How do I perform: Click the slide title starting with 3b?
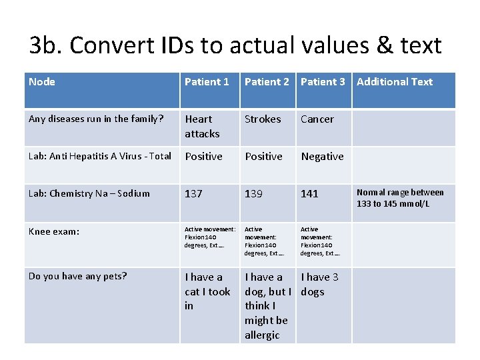[x=235, y=45]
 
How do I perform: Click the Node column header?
[x=42, y=82]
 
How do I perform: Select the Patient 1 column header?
[x=207, y=82]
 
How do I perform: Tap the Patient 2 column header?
[x=267, y=82]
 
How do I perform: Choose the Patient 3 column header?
[x=323, y=82]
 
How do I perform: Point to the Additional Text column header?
[x=395, y=82]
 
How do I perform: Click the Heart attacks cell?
[x=202, y=126]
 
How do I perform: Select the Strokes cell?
[x=263, y=119]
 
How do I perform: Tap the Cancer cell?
[x=317, y=119]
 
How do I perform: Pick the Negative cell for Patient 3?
[x=322, y=157]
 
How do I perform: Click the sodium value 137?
[x=194, y=194]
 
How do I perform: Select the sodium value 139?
[x=254, y=194]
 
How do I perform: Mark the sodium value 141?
[x=310, y=194]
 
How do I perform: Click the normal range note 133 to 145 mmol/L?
[x=400, y=198]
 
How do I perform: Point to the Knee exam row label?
[x=54, y=232]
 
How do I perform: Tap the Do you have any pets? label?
[x=77, y=276]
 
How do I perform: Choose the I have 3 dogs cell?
[x=319, y=284]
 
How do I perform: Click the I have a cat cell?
[x=207, y=291]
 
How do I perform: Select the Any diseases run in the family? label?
[x=96, y=119]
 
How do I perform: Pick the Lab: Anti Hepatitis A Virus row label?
[x=100, y=157]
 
